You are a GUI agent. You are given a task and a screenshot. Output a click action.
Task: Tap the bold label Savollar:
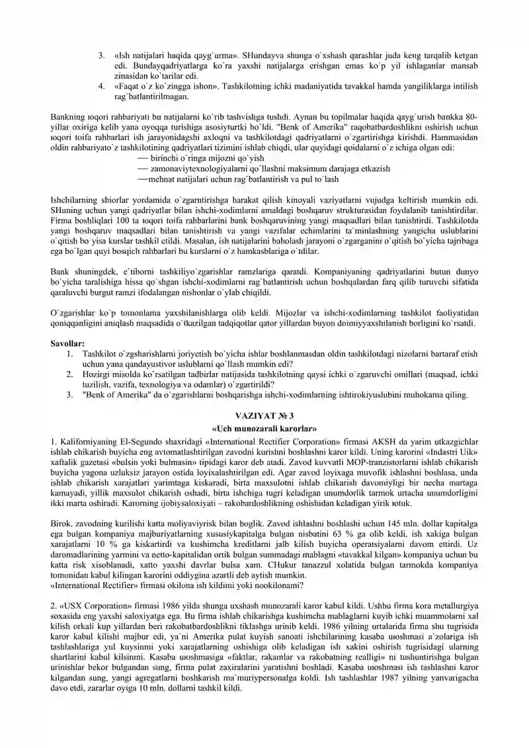pyautogui.click(x=67, y=345)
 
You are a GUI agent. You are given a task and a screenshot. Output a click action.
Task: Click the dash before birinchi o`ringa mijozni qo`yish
pyautogui.click(x=141, y=159)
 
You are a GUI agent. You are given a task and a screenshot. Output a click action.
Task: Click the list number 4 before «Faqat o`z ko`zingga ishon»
pyautogui.click(x=101, y=86)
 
